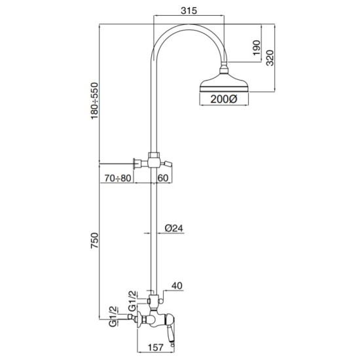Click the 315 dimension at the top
click(189, 10)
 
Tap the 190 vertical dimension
click(257, 48)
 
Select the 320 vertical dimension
click(270, 58)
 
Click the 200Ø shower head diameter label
click(224, 99)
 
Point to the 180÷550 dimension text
click(94, 101)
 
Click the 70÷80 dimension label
click(118, 178)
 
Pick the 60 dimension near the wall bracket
click(163, 178)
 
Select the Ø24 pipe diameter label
click(174, 228)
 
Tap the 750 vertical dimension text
click(94, 240)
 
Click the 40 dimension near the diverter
click(177, 285)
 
